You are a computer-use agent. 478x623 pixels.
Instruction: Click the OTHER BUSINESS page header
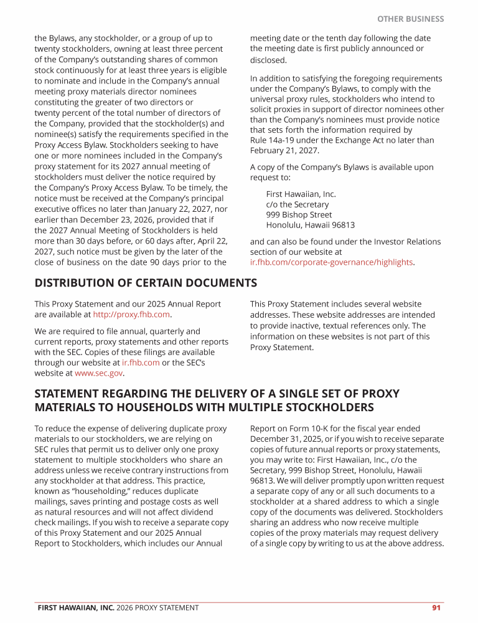tap(410, 19)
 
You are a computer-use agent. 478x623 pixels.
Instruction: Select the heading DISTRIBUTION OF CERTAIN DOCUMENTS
tap(146, 283)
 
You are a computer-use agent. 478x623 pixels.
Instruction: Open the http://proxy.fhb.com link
tap(131, 315)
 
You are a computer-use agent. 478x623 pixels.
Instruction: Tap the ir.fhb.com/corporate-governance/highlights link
tap(331, 262)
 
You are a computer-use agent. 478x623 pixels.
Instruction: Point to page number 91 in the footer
tap(436, 607)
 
